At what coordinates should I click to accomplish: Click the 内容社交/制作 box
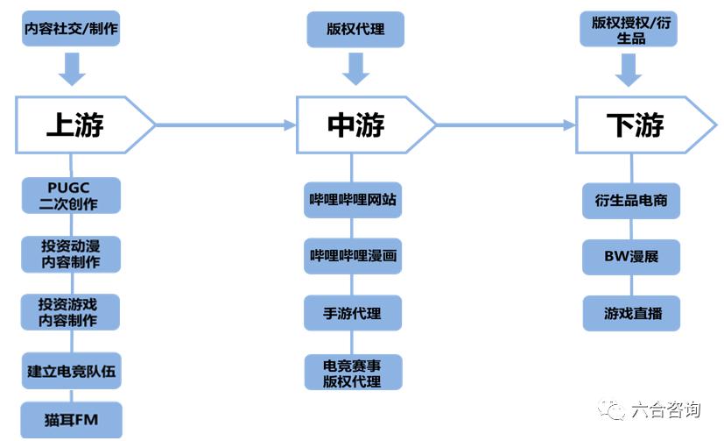[x=71, y=29]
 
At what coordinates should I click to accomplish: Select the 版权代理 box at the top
[x=355, y=29]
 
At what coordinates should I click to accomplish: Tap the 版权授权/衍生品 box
[x=625, y=29]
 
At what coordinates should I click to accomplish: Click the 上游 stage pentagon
[x=79, y=125]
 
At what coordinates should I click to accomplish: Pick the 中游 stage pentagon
[x=359, y=125]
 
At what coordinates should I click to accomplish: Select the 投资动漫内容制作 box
[x=71, y=254]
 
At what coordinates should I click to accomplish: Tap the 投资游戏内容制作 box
[x=71, y=312]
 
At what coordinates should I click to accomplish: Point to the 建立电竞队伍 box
[x=71, y=372]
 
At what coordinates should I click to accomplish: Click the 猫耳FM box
[x=71, y=420]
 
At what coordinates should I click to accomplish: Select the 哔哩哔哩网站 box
[x=353, y=200]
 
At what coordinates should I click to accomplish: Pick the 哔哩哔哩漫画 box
[x=353, y=256]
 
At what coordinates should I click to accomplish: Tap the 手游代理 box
[x=353, y=313]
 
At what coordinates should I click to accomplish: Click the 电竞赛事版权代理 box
[x=353, y=373]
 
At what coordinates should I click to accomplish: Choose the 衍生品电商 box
[x=631, y=200]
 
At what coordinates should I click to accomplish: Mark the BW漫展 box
[x=631, y=257]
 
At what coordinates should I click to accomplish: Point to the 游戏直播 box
[x=631, y=313]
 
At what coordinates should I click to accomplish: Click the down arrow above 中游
[x=355, y=68]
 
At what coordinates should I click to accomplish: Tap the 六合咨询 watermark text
[x=664, y=409]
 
